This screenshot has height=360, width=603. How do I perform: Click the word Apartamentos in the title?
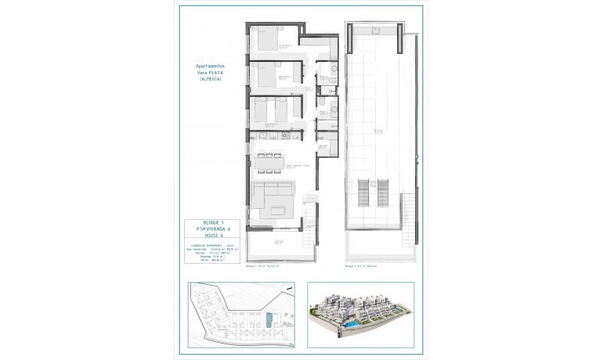click(209, 67)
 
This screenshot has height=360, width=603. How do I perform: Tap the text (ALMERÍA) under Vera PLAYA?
click(209, 79)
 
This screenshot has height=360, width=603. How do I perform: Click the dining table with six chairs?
click(269, 162)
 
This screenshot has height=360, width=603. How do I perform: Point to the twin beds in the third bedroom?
click(271, 111)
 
